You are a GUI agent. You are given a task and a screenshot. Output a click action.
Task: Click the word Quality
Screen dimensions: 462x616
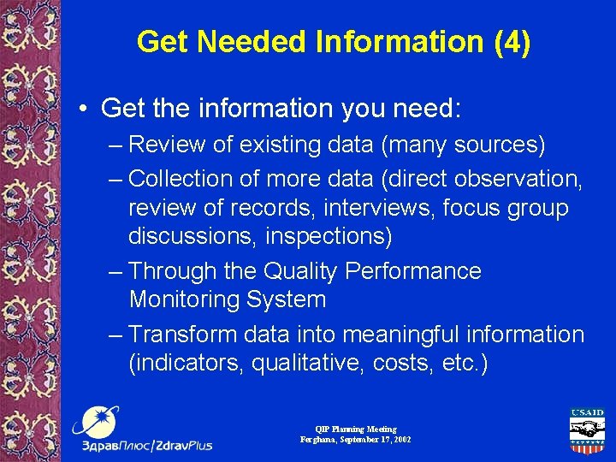[x=302, y=271]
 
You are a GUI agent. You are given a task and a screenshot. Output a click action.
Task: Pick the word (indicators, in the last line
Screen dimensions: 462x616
[x=186, y=364]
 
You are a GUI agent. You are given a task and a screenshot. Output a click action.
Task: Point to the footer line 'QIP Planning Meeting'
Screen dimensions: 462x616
[x=355, y=429]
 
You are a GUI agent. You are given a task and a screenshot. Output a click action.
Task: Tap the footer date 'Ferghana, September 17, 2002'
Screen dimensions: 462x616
[x=355, y=439]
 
